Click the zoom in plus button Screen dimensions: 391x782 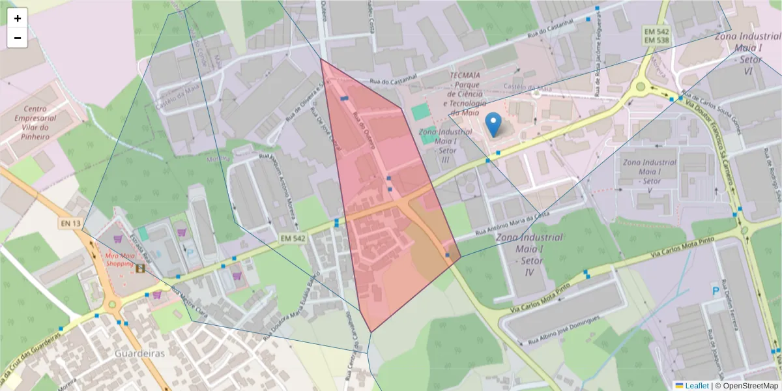[x=18, y=18]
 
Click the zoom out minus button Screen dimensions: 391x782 [x=18, y=38]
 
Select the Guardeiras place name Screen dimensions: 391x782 [x=139, y=353]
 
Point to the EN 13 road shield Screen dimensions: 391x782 [x=70, y=224]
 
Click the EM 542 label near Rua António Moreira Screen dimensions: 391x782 [x=293, y=239]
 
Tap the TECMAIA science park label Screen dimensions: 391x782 [x=465, y=94]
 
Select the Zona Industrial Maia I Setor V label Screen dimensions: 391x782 [x=649, y=171]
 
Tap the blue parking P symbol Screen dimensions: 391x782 [x=716, y=291]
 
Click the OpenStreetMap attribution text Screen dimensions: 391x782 [x=746, y=385]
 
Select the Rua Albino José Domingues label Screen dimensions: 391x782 [x=563, y=330]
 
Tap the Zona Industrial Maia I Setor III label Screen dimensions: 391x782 [x=446, y=145]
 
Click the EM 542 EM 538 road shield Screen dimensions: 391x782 [x=656, y=36]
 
